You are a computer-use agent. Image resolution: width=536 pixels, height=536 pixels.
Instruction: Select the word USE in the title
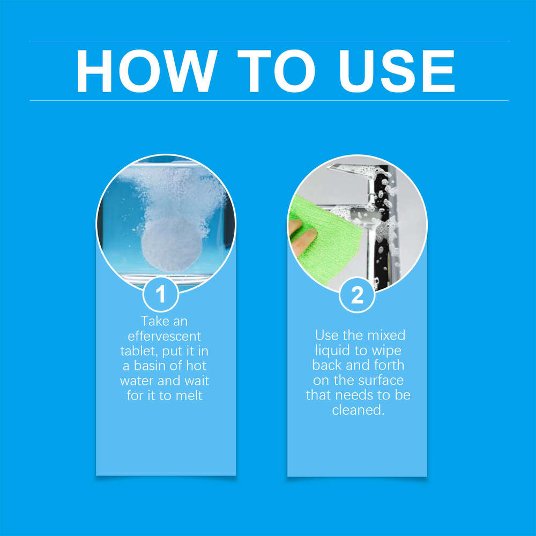pos(397,71)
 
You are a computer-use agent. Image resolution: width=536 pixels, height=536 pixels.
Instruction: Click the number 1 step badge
pos(160,295)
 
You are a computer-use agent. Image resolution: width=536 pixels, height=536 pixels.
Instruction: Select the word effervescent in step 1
pos(161,337)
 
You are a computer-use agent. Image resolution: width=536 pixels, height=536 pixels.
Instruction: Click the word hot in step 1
pos(195,367)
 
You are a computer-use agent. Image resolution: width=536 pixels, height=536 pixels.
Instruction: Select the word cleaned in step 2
pos(358,411)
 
